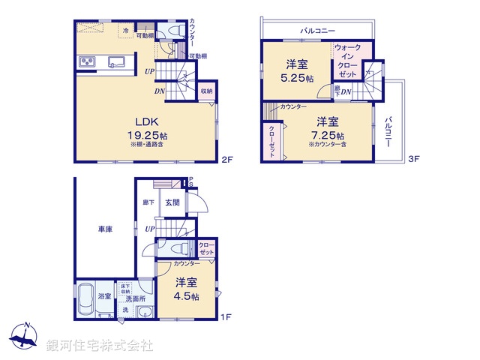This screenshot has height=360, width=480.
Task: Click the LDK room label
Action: coord(145,122)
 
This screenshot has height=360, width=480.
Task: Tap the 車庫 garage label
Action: coord(104,229)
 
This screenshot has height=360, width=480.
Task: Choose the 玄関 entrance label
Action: coord(172,202)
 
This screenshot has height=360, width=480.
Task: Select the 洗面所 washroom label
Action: coord(136,298)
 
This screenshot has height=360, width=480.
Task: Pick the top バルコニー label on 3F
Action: coord(317,31)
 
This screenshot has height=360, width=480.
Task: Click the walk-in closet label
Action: coord(348,61)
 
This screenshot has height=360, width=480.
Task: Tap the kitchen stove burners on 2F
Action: coord(85,62)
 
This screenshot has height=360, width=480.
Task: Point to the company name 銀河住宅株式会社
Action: coord(99,346)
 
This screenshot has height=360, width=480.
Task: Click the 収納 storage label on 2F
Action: coord(206,91)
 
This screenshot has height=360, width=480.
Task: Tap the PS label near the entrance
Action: coord(190,181)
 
